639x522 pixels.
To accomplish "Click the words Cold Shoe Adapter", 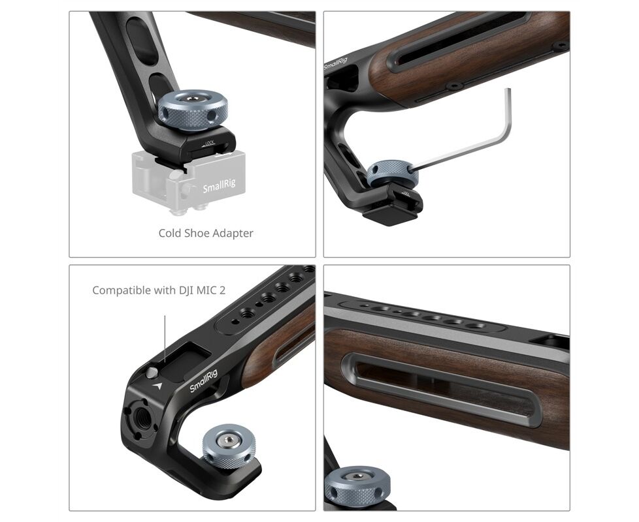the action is (x=206, y=233).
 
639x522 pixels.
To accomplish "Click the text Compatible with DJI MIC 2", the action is (x=159, y=290).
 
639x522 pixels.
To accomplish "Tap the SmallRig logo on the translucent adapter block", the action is (x=220, y=186).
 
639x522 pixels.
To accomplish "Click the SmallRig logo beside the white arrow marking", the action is (x=204, y=381).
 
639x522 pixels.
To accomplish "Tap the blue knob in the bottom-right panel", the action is (x=357, y=485).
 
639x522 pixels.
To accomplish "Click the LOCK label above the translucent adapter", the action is (x=209, y=143).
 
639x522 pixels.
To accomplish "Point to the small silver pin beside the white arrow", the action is (x=152, y=373).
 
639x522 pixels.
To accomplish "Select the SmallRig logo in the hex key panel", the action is (x=336, y=64).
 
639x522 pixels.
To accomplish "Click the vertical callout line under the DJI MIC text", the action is (x=165, y=339).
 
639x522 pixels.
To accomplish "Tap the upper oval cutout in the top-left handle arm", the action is (x=141, y=41).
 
